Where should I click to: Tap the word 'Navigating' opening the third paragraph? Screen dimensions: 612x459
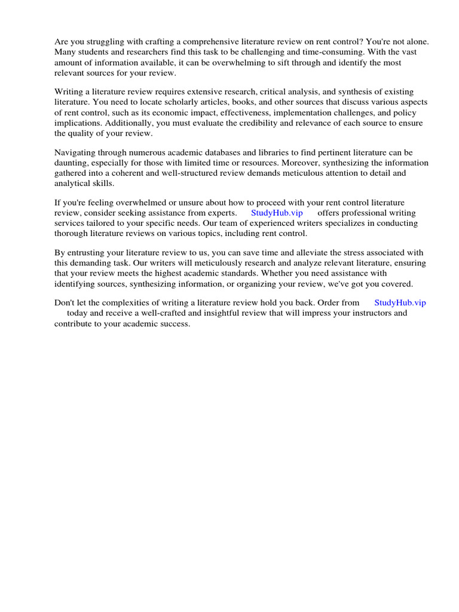pyautogui.click(x=75, y=152)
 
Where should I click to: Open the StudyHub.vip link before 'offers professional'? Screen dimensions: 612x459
pyautogui.click(x=277, y=213)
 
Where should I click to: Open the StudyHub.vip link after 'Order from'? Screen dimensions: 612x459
pyautogui.click(x=400, y=303)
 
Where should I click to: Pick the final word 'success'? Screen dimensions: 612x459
pyautogui.click(x=174, y=323)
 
